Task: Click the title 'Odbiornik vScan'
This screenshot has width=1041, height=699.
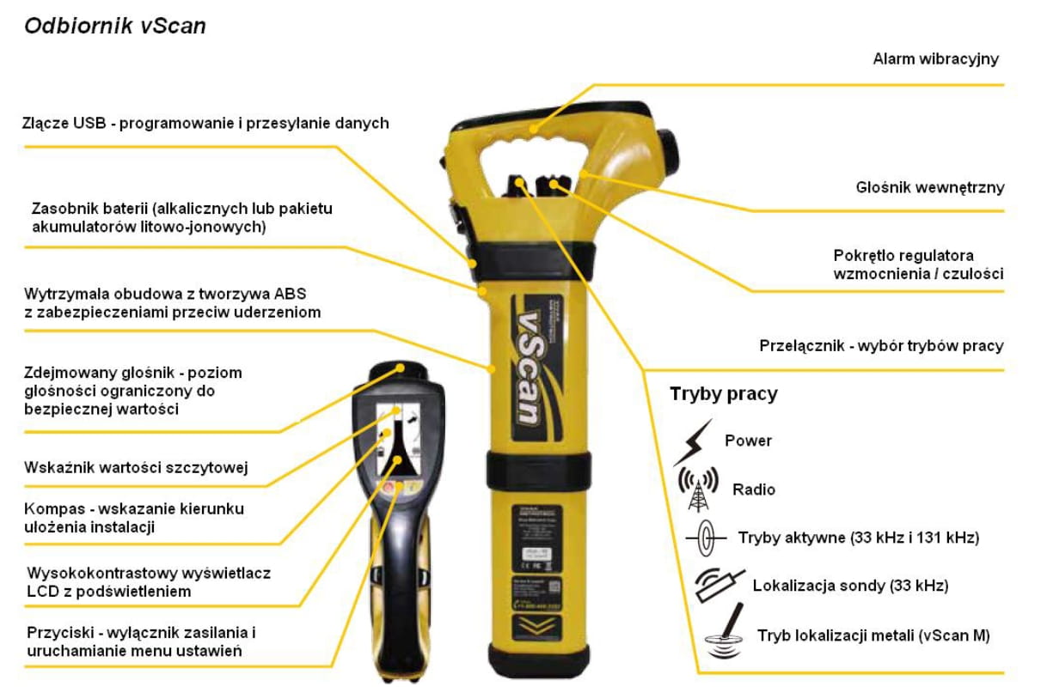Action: (x=115, y=26)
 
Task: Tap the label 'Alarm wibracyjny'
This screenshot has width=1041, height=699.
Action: (x=935, y=59)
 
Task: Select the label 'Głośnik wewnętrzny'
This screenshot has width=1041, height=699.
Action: (x=929, y=187)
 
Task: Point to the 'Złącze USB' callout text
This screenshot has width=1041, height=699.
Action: (x=205, y=124)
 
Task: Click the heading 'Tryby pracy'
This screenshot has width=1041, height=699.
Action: (x=723, y=394)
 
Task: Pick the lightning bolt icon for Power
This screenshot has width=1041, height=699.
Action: (x=692, y=441)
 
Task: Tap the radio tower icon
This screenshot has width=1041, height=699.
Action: (x=698, y=489)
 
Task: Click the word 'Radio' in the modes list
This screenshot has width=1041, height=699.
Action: (x=754, y=489)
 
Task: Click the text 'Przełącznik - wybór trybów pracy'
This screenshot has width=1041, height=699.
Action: (x=881, y=346)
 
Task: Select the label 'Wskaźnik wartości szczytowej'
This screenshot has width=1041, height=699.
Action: (x=137, y=468)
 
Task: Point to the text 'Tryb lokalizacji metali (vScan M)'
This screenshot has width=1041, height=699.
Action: (x=873, y=636)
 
